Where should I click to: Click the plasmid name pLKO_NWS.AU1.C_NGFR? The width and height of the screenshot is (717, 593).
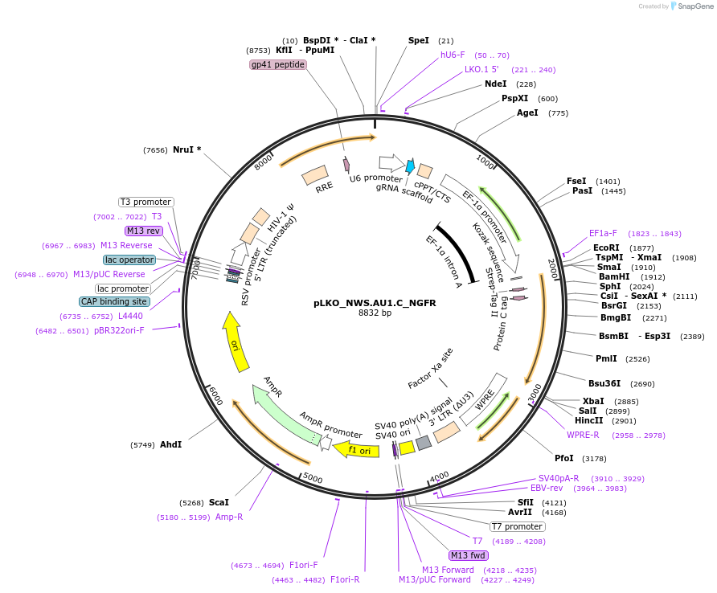point(375,303)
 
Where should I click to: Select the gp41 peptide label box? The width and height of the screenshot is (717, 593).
point(278,64)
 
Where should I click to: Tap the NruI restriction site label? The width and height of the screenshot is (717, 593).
point(186,149)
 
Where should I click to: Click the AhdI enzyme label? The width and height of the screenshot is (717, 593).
point(170,444)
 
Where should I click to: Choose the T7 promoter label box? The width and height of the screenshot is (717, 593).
point(518,527)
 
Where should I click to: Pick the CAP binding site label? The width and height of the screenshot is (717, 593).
point(114,302)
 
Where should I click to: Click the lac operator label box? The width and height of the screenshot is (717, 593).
point(129,260)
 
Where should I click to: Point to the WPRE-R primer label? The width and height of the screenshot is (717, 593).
point(583,435)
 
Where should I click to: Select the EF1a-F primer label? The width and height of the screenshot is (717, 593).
point(603,233)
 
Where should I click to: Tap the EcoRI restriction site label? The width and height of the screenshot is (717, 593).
point(607,247)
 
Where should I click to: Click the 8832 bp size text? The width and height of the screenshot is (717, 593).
point(375,313)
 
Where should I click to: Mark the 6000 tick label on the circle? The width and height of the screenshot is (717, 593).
point(215,395)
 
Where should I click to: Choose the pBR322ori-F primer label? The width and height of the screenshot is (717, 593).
point(119,330)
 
